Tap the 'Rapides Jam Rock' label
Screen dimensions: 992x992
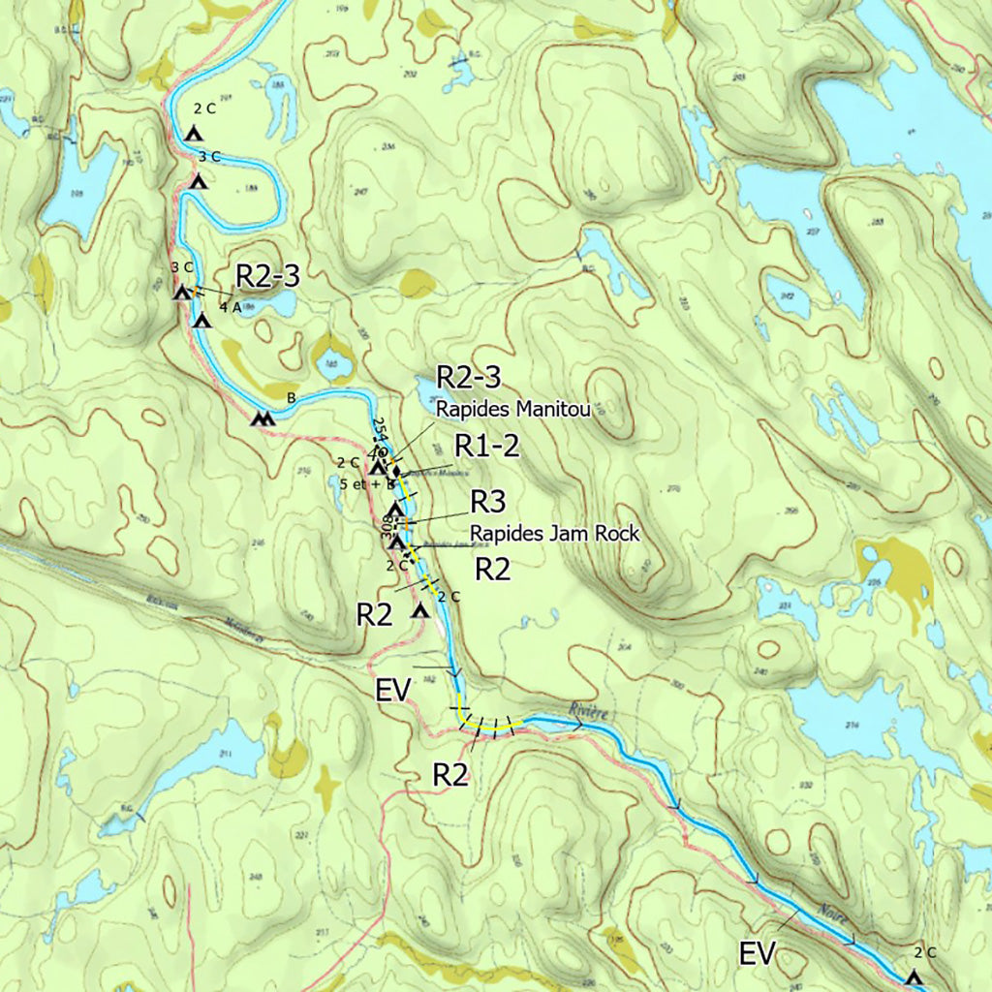pyautogui.click(x=555, y=533)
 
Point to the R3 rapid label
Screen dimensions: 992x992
pyautogui.click(x=487, y=501)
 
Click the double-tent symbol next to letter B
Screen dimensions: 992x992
pyautogui.click(x=262, y=419)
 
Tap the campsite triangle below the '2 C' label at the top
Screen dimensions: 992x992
pyautogui.click(x=193, y=134)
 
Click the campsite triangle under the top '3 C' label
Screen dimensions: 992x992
pyautogui.click(x=199, y=181)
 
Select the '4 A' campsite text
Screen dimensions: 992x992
pyautogui.click(x=230, y=307)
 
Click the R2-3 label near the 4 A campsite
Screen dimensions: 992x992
pyautogui.click(x=267, y=276)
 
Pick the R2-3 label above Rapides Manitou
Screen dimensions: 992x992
pyautogui.click(x=468, y=378)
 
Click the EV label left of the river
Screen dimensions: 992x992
pyautogui.click(x=394, y=690)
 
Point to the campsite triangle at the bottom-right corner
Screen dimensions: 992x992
pyautogui.click(x=913, y=977)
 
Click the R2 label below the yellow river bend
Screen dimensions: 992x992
pyautogui.click(x=451, y=775)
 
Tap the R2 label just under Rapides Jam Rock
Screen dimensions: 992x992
pyautogui.click(x=492, y=569)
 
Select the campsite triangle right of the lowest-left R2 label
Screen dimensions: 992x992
pyautogui.click(x=419, y=611)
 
